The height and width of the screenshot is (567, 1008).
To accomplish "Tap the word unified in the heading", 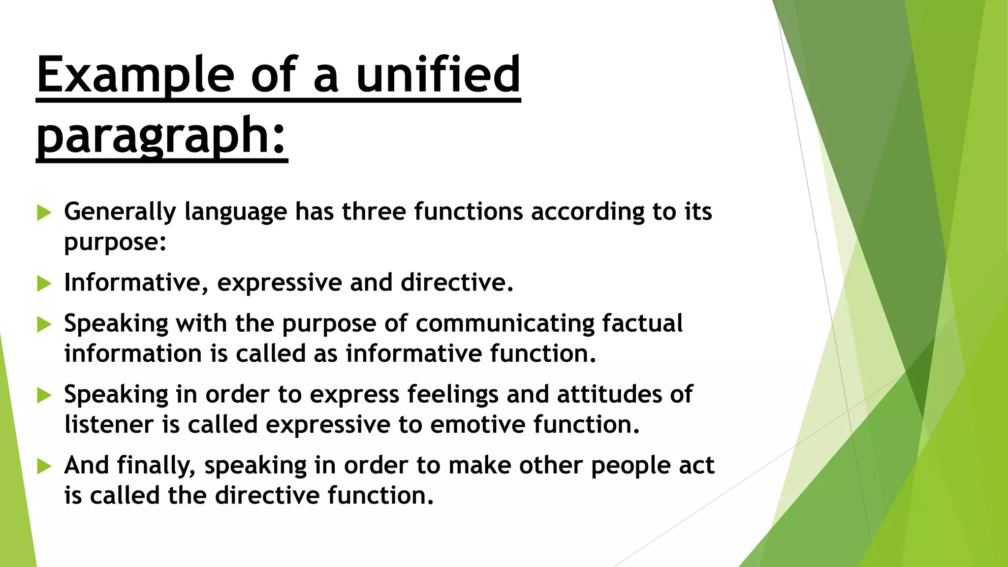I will tap(438, 75).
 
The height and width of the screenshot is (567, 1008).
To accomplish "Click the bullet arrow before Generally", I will tap(44, 213).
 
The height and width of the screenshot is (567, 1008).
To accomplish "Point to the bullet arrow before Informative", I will tap(44, 283).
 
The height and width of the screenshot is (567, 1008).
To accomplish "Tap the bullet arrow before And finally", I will tap(44, 466).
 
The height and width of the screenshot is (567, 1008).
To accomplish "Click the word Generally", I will tap(120, 212).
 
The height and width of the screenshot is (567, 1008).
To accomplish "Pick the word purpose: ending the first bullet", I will tap(115, 242).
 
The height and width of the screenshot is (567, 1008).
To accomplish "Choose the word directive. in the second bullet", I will tap(457, 283).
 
